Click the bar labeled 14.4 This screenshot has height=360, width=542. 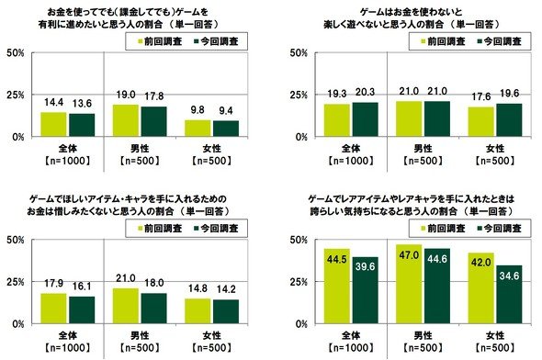53,124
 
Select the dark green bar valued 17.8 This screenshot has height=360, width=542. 153,121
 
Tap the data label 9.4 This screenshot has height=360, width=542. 225,111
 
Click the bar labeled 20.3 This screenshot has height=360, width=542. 365,119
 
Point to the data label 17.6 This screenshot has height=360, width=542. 481,96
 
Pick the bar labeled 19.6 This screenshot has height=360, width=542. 509,120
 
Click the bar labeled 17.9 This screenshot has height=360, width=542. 53,309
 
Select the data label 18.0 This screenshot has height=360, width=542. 153,283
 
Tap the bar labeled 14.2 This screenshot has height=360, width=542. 226,311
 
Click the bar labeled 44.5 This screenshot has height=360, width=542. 336,287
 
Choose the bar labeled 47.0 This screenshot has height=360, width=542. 409,285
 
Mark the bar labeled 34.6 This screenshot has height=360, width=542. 509,295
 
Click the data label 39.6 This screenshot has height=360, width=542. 365,266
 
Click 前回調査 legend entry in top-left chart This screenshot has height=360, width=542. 160,42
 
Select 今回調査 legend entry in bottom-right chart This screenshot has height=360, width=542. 499,229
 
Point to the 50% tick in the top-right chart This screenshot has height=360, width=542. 299,53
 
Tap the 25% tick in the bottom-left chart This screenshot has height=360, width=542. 16,282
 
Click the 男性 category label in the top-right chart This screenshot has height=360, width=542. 423,149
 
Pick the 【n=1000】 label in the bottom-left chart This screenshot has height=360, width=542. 67,347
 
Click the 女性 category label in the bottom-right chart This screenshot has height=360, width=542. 495,335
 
